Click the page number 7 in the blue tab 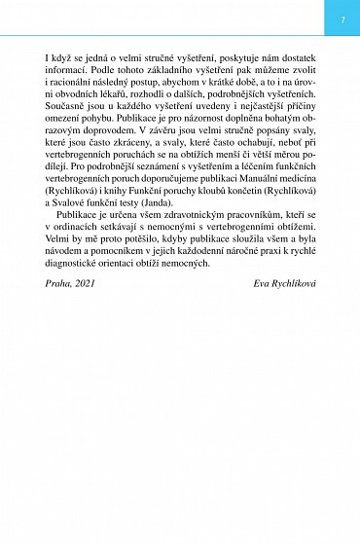(x=342, y=19)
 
